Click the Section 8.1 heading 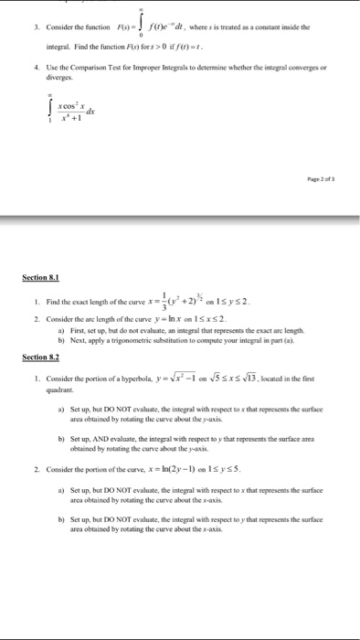click(40, 276)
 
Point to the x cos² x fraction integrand click(79, 111)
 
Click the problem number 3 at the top click(35, 27)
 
